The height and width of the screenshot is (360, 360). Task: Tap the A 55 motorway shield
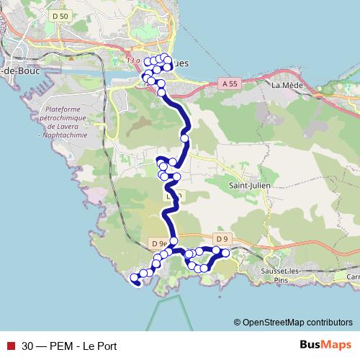tap(230, 84)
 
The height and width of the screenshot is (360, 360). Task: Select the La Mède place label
tap(286, 84)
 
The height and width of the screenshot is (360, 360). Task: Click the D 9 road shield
tap(221, 238)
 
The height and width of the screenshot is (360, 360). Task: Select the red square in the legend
tap(9, 345)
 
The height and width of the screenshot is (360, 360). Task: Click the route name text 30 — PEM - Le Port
tap(68, 345)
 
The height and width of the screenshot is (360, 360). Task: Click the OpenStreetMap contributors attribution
tap(293, 322)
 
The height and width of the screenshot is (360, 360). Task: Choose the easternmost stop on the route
tap(225, 253)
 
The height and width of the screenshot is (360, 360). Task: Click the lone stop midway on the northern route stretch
tap(185, 138)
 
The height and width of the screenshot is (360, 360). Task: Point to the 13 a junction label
tap(132, 60)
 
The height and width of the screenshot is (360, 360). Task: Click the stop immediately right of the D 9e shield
tap(174, 241)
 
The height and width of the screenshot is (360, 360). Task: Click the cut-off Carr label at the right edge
tap(352, 276)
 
